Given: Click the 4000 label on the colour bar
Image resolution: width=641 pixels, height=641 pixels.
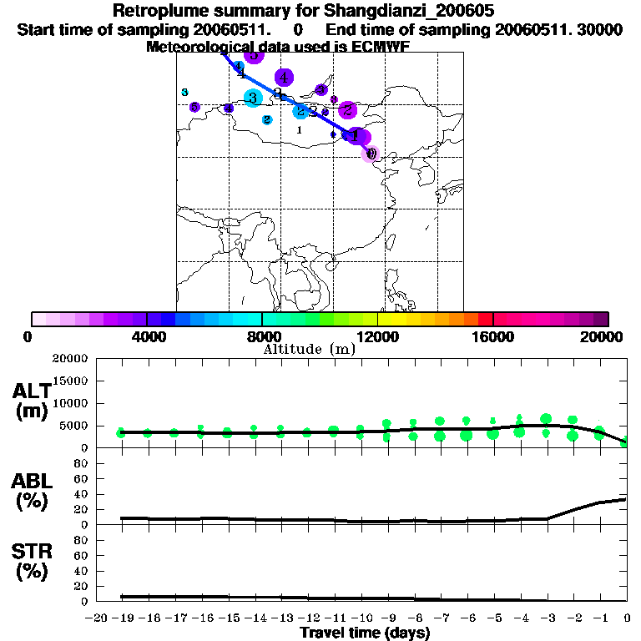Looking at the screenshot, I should [x=146, y=336].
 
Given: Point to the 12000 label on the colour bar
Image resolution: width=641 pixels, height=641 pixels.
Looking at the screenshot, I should [x=377, y=336].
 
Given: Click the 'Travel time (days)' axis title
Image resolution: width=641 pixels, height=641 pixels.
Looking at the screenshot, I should [x=366, y=633].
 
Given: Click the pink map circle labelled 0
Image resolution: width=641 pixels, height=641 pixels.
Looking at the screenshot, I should [x=371, y=153].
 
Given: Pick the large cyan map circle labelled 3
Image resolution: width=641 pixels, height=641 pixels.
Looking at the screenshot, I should [x=252, y=98].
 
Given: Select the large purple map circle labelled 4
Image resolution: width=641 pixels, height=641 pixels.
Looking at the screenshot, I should [x=284, y=78].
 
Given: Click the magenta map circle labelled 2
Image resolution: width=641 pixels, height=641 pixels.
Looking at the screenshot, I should [x=348, y=109].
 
